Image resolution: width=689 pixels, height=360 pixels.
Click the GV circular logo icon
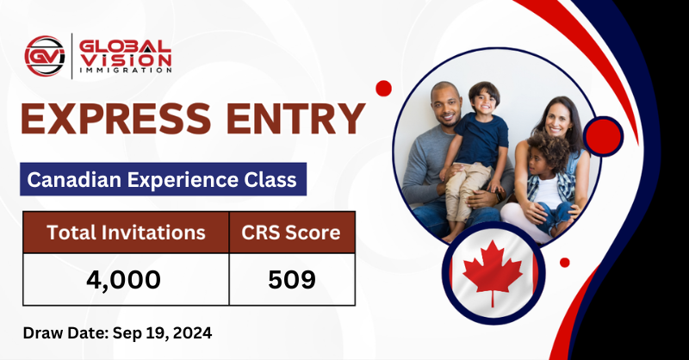pyautogui.click(x=45, y=57)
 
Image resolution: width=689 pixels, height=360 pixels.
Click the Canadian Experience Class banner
pyautogui.click(x=162, y=180)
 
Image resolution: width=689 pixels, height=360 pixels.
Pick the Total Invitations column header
pyautogui.click(x=127, y=232)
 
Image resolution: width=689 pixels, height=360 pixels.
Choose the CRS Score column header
pyautogui.click(x=292, y=232)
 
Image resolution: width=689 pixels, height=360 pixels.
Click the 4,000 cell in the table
pyautogui.click(x=127, y=278)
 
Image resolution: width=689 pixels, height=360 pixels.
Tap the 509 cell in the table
pyautogui.click(x=292, y=278)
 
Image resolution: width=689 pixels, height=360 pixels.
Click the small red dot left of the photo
pyautogui.click(x=384, y=88)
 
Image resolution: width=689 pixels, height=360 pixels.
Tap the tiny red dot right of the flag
pyautogui.click(x=565, y=263)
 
